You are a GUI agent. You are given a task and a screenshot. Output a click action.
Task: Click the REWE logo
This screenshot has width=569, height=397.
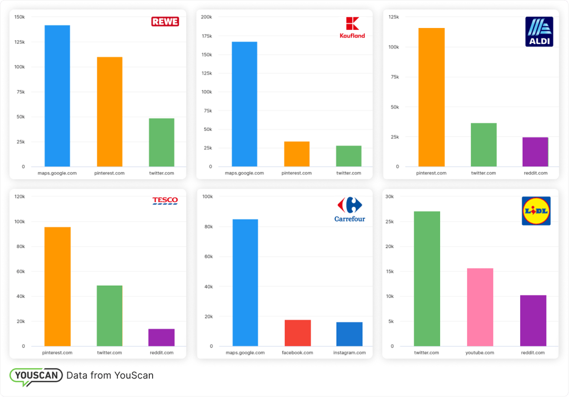(165, 21)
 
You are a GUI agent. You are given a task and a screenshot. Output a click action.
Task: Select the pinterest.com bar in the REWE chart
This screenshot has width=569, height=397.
(109, 111)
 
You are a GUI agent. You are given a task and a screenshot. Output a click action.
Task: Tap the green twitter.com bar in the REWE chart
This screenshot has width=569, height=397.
(161, 142)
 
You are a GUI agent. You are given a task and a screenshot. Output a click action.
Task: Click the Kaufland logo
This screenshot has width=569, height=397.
(352, 28)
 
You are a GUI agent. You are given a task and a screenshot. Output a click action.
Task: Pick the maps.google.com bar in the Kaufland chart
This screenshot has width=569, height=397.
(244, 104)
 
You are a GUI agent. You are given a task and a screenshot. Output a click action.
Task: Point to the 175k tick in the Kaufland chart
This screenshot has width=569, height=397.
(207, 36)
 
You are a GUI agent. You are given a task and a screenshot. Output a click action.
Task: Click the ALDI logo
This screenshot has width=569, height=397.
(539, 32)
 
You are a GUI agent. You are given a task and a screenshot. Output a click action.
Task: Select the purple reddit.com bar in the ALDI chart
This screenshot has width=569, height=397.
(535, 152)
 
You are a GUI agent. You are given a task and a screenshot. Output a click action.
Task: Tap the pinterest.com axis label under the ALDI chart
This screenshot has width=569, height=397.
(431, 173)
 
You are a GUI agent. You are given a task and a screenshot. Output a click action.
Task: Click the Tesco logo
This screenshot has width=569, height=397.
(165, 201)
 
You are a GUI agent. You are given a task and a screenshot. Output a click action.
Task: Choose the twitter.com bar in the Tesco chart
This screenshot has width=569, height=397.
(109, 316)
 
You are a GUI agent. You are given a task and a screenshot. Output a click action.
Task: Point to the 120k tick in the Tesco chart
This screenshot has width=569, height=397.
(19, 197)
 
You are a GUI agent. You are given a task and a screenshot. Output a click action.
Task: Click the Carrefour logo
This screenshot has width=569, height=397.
(350, 210)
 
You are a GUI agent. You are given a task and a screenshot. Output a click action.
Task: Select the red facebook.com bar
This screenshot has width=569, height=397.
(297, 333)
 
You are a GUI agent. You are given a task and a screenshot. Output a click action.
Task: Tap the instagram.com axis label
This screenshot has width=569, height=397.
(349, 353)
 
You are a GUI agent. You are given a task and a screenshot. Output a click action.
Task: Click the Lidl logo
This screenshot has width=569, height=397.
(536, 211)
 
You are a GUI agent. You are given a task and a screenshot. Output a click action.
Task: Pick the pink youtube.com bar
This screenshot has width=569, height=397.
(480, 307)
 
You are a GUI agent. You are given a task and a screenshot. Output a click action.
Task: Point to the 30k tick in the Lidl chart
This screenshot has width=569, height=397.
(389, 197)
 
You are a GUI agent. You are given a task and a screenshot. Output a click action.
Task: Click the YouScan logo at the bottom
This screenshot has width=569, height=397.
(36, 376)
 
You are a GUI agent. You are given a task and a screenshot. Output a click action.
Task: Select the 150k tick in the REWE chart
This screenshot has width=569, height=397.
(20, 17)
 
